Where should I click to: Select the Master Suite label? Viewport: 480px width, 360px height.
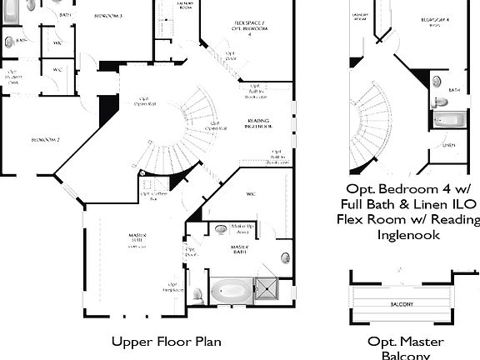[137, 239]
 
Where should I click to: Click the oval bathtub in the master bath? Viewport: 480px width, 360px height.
[228, 292]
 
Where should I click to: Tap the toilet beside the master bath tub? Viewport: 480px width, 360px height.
[197, 293]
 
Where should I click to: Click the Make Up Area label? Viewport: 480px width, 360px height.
[242, 228]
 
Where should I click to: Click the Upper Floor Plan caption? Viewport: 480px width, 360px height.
[167, 341]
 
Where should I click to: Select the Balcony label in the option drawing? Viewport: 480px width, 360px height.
[402, 304]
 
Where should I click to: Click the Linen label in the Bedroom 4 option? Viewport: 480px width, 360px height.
[449, 145]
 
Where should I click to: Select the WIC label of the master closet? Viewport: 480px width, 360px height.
[250, 194]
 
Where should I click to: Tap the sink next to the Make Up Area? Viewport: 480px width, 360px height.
[221, 227]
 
